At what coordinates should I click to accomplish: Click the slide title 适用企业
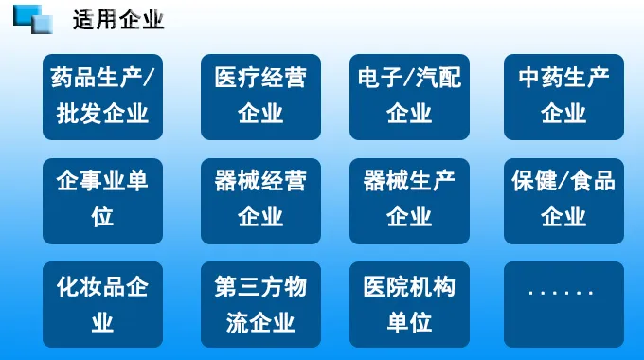coord(118,19)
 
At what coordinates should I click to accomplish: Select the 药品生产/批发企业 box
coord(102,96)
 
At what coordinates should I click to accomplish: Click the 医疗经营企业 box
coord(260,96)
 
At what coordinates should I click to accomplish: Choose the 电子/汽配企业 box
coord(409,96)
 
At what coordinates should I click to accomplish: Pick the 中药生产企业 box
coord(563,96)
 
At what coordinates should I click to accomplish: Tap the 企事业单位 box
coord(102,199)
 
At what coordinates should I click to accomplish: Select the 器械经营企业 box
coord(260,199)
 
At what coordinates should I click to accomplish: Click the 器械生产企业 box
coord(409,199)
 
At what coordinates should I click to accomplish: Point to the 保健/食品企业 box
coord(563,199)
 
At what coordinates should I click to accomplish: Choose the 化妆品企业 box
coord(102,303)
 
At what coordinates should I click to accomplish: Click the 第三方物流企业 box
coord(260,303)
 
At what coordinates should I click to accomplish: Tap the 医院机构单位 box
coord(409,303)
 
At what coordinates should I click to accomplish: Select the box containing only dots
coord(563,303)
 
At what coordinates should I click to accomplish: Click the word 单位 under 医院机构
coord(409,322)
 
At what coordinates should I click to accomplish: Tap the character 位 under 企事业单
coord(102,218)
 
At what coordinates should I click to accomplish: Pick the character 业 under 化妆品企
coord(102,322)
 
